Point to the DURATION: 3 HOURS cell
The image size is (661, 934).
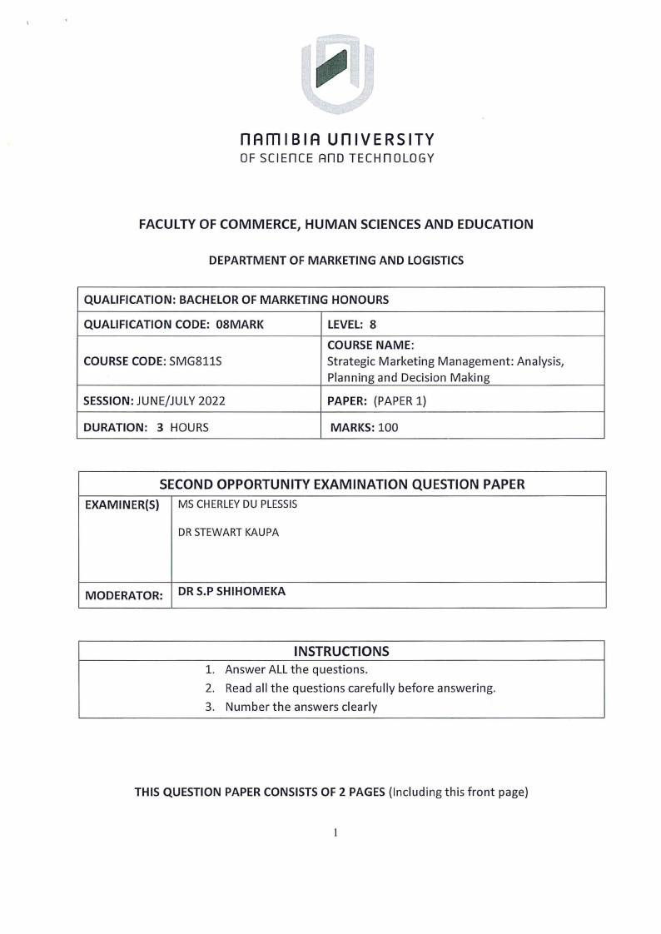(147, 427)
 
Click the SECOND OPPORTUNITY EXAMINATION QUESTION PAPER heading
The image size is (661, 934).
(342, 484)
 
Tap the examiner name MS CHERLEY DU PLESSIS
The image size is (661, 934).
(237, 504)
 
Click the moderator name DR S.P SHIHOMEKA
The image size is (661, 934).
(231, 593)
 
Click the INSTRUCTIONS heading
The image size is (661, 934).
(341, 651)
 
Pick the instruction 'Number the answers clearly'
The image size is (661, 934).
(301, 707)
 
